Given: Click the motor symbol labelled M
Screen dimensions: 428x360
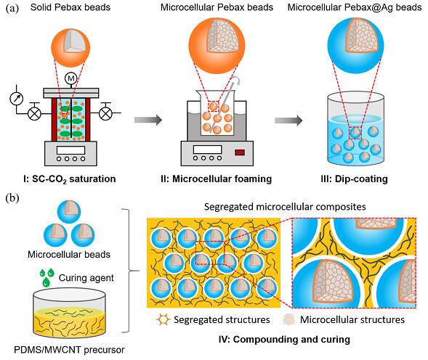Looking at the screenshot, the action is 70,78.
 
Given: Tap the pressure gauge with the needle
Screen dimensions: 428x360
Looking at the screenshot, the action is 17,99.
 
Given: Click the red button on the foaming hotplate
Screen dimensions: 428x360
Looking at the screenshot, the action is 240,152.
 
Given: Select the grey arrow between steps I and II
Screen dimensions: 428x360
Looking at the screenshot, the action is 148,120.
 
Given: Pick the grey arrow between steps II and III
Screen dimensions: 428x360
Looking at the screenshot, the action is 288,120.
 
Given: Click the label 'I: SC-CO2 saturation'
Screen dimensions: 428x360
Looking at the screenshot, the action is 70,179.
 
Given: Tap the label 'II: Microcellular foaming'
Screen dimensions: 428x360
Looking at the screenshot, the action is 217,179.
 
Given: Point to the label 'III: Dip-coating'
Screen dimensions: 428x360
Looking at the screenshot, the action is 354,179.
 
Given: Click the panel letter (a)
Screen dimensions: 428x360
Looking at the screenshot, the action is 12,8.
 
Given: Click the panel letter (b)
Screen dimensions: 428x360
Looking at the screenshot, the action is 12,198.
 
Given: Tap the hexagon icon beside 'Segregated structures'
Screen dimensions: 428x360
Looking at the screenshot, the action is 163,319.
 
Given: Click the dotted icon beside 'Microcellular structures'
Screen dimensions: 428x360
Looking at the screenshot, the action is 289,319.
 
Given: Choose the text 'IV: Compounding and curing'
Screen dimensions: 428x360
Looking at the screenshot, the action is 284,340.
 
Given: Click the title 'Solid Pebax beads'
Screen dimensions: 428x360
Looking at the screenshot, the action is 70,7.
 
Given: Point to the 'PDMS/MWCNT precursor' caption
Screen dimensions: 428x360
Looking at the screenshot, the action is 69,350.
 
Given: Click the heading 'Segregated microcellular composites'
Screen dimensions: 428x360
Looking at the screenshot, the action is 285,206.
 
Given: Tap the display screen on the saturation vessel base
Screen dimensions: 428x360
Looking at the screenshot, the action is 70,150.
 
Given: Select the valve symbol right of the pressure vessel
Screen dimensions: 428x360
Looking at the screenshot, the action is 105,112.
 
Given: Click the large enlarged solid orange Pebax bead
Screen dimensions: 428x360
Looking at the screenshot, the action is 70,47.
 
